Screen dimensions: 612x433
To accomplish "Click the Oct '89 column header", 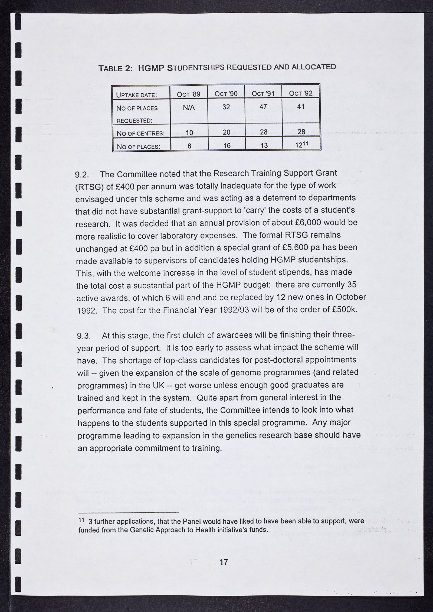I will (x=188, y=94).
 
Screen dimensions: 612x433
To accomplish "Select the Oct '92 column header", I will (x=301, y=93).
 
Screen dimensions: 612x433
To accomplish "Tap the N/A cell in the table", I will (x=189, y=108).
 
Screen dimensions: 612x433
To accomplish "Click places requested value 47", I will (x=263, y=107).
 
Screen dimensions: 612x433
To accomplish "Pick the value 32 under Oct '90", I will (x=226, y=107).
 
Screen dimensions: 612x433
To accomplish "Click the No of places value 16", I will (x=227, y=146).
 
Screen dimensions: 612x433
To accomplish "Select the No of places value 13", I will (x=264, y=146).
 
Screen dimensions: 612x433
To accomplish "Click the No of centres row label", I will (x=140, y=133).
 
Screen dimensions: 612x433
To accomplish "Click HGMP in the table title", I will (x=151, y=68).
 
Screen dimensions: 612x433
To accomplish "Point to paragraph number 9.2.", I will (x=82, y=175).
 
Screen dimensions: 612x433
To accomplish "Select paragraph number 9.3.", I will (x=83, y=336).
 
